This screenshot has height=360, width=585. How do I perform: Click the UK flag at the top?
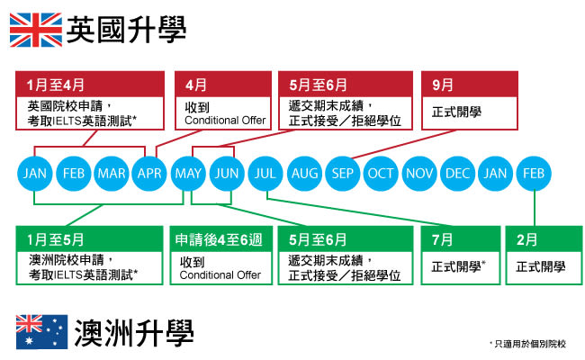click(35, 31)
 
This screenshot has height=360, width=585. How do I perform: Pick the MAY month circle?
click(189, 173)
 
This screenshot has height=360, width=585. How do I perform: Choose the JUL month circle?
click(265, 173)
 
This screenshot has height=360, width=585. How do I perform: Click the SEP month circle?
click(342, 173)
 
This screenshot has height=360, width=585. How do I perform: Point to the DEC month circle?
click(458, 173)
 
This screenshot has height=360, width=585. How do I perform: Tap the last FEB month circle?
click(535, 173)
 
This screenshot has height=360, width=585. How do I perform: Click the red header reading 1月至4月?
click(91, 85)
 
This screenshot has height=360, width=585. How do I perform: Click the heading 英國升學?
click(127, 31)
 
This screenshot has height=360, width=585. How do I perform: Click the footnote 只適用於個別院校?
click(531, 344)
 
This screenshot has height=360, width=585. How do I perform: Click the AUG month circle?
click(304, 173)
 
